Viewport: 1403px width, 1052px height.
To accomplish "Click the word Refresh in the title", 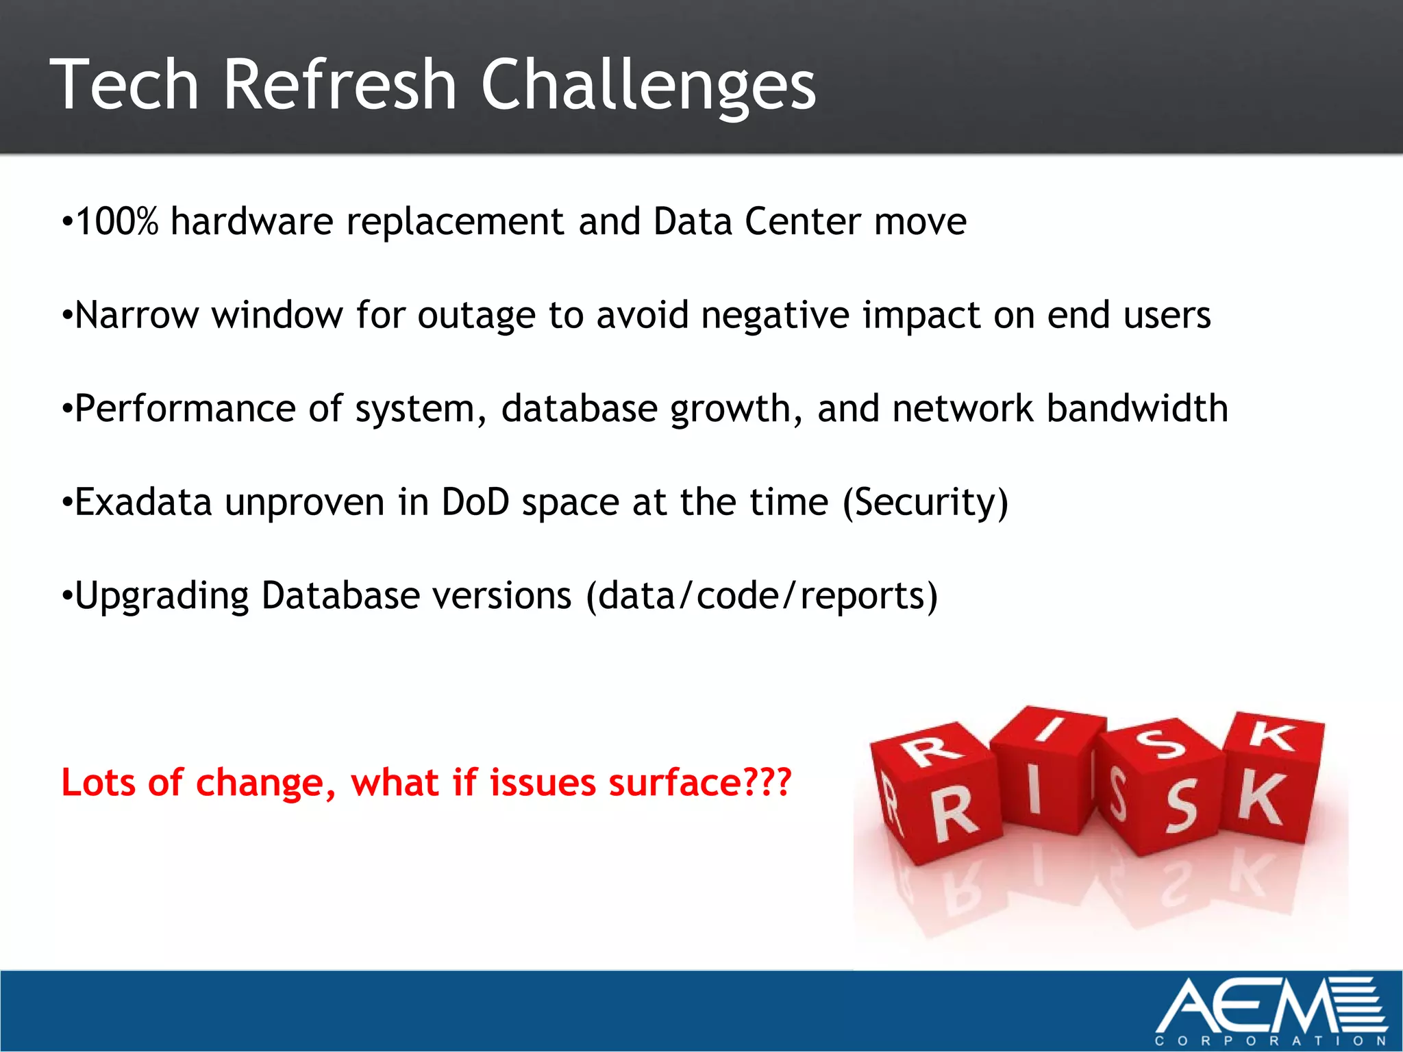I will (339, 84).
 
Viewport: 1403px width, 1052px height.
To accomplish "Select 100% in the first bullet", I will (116, 221).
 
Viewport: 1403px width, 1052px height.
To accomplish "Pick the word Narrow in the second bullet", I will (136, 315).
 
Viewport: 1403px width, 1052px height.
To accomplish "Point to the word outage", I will (476, 316).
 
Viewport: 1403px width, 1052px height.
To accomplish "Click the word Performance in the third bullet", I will (184, 409).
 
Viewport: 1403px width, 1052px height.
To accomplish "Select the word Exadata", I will (143, 502).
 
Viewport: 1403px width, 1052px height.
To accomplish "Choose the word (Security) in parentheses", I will (925, 503).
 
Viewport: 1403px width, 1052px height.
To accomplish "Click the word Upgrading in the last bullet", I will (162, 596).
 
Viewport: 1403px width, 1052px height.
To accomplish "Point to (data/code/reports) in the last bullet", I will (761, 596).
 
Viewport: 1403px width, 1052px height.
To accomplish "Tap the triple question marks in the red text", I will (767, 781).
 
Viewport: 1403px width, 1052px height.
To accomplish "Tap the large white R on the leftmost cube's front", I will (955, 814).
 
